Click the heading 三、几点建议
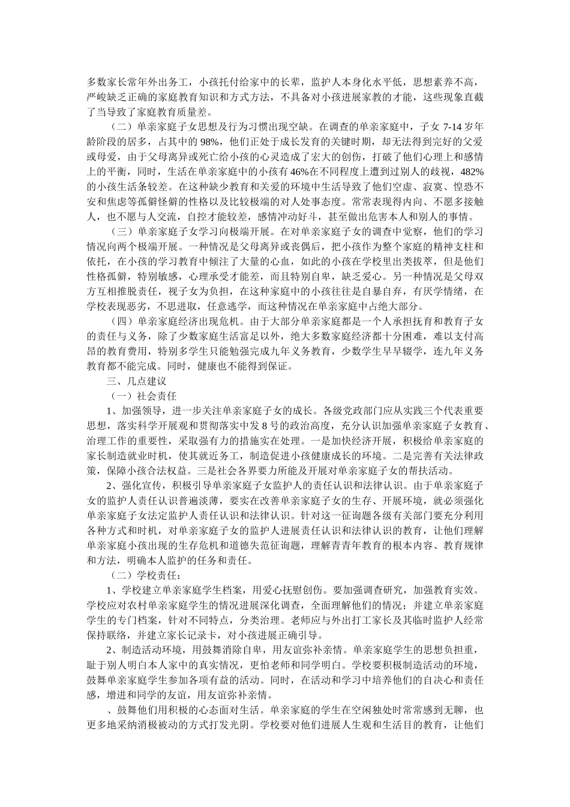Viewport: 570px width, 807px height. pyautogui.click(x=136, y=381)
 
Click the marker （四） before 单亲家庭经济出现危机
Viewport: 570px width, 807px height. pyautogui.click(x=122, y=321)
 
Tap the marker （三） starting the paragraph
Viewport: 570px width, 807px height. pyautogui.click(x=122, y=231)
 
